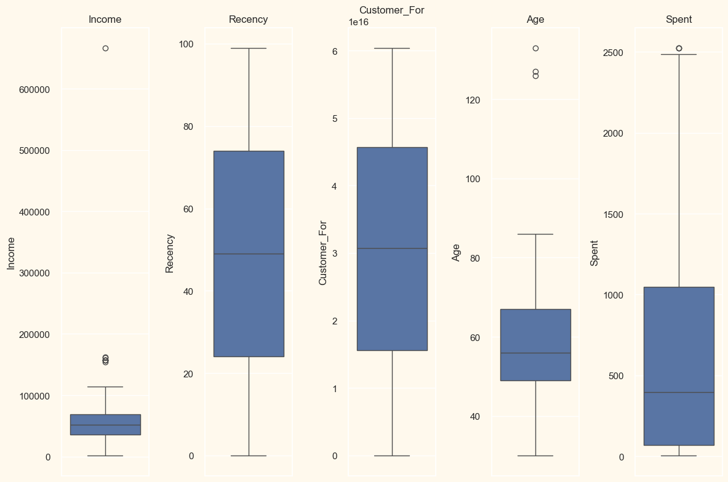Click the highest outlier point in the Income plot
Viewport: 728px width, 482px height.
click(105, 48)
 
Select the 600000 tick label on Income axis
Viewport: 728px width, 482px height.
click(34, 89)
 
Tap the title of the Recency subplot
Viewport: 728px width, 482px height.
click(248, 19)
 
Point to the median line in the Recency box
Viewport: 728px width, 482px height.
click(249, 254)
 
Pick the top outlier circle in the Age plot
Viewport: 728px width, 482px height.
click(535, 48)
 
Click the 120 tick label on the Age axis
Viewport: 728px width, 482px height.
click(471, 100)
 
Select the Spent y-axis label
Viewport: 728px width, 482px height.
click(594, 252)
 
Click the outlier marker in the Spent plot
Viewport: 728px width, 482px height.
click(679, 48)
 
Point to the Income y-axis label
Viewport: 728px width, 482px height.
click(11, 252)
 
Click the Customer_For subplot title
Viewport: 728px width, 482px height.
click(391, 10)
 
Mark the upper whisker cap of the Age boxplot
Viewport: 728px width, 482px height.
click(535, 234)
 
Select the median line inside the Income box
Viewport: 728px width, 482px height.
click(105, 425)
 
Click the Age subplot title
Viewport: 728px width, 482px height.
click(535, 19)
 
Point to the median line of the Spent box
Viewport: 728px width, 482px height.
click(679, 392)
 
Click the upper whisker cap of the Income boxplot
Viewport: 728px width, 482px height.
click(105, 387)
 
